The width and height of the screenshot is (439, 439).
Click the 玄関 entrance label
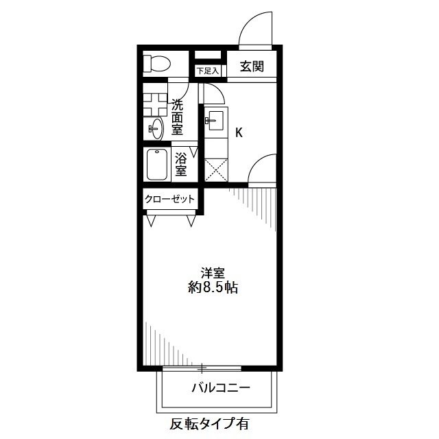click(x=252, y=67)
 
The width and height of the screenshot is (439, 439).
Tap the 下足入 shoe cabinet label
click(x=206, y=71)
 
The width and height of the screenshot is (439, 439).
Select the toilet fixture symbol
click(x=158, y=64)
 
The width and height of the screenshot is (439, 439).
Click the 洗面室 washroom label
click(x=177, y=117)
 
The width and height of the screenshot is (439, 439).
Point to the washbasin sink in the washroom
click(x=156, y=128)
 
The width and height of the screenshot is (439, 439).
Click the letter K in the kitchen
click(x=239, y=132)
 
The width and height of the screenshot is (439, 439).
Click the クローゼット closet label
click(x=169, y=200)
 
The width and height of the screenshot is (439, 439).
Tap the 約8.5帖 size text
click(x=213, y=288)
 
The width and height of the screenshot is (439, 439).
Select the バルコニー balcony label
click(x=220, y=388)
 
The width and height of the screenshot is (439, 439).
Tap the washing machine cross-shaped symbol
click(x=155, y=103)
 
